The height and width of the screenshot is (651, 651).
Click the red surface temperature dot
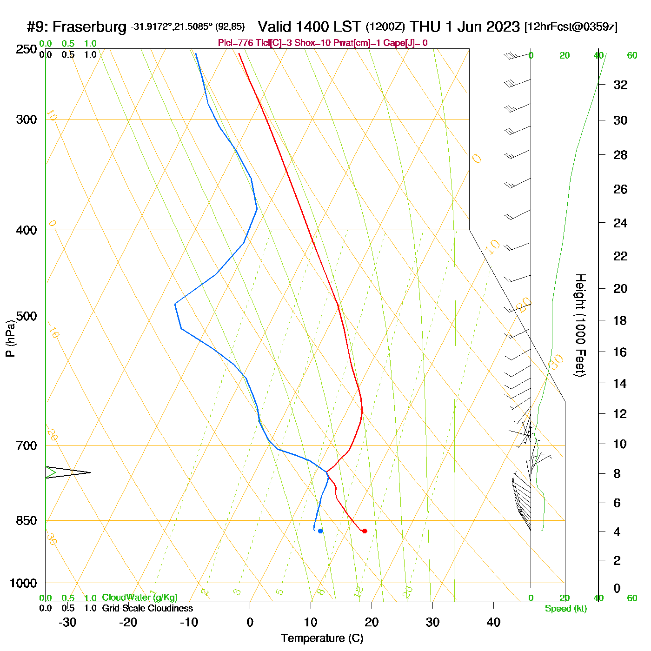point(365,531)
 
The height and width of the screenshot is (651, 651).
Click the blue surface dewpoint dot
point(320,531)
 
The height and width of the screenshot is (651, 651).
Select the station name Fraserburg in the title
point(89,27)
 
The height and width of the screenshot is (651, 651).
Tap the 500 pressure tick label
point(27,316)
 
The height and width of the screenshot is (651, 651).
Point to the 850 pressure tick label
point(27,521)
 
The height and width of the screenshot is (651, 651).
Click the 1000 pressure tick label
point(23,583)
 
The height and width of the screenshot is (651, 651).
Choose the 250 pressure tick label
point(27,49)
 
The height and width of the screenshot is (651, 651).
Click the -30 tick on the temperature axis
point(67,622)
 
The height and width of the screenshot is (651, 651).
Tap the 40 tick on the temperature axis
point(493,622)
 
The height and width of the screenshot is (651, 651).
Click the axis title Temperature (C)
point(322,638)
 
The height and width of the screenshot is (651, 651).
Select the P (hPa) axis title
point(10,338)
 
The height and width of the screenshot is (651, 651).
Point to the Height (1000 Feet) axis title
point(580,325)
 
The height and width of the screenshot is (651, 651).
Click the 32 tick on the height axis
point(620,85)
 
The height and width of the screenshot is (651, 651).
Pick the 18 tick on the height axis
point(620,320)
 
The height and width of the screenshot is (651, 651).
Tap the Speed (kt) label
point(566,609)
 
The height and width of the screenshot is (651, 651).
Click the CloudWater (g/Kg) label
point(139,598)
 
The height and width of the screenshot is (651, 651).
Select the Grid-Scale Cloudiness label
point(147,608)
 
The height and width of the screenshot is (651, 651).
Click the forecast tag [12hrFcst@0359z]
point(571,27)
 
